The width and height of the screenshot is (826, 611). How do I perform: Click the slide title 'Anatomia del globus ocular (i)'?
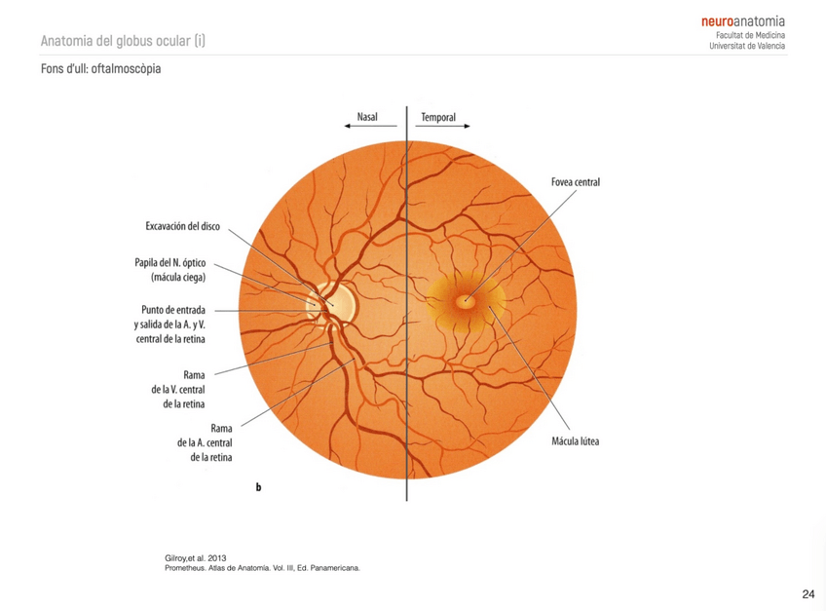coord(124,41)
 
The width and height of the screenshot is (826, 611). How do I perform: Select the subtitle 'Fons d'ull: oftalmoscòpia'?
coord(101,70)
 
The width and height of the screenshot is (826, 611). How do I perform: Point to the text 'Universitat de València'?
coord(748,46)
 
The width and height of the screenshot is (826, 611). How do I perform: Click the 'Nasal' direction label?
coord(367,117)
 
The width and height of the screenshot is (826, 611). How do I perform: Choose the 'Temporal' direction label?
coord(438,117)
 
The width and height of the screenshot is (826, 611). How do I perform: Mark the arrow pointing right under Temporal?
coord(446,127)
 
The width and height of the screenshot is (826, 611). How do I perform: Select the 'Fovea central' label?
coord(574,182)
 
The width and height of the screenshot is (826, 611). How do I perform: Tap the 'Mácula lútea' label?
coord(575,441)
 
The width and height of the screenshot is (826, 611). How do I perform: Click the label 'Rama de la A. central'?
coord(204,441)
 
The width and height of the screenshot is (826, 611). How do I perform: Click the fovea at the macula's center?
coord(466,300)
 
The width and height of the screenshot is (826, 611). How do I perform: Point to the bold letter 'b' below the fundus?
coord(258,486)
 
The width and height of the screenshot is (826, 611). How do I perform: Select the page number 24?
coord(807,593)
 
